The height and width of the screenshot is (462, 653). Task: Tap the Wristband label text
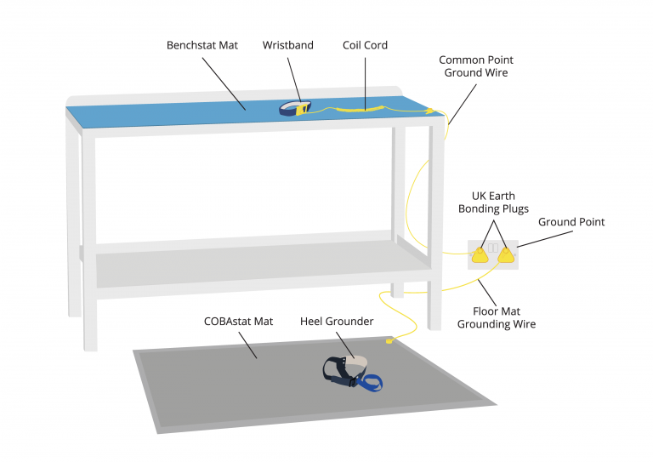[287, 44]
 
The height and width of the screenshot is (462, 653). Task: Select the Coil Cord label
[366, 44]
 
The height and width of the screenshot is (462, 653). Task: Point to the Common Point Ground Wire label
[475, 66]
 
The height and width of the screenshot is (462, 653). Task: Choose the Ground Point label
[571, 222]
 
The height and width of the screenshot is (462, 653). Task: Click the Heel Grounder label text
[337, 322]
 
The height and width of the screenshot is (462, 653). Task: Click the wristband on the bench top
[295, 108]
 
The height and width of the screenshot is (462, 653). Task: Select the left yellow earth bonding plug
[480, 256]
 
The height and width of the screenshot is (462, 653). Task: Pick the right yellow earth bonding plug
[507, 255]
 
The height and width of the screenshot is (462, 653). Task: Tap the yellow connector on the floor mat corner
[389, 342]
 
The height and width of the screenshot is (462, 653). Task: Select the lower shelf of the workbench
[255, 268]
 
